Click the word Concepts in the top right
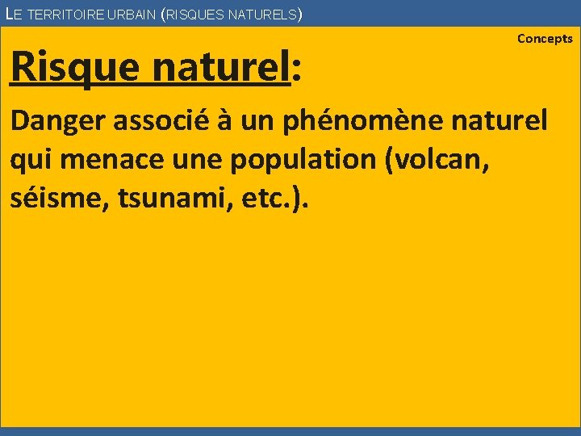545,39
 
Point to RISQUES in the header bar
197,14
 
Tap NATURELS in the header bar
265,14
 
